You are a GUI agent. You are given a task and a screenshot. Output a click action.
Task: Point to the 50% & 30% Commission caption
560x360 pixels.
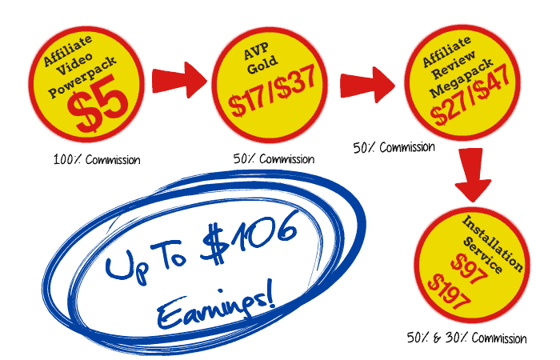(466, 338)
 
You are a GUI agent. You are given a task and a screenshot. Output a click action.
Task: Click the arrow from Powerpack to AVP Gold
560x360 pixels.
(178, 81)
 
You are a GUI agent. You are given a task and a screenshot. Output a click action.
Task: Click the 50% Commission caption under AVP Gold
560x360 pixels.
(274, 158)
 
